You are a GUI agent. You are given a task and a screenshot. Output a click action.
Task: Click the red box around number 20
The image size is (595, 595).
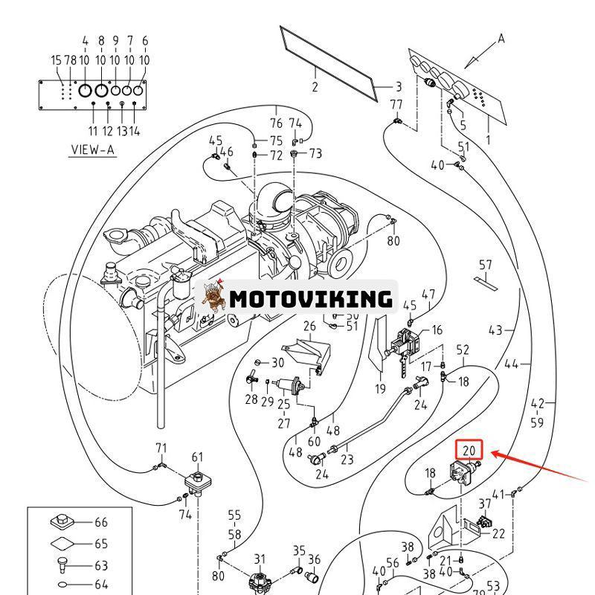(x=469, y=450)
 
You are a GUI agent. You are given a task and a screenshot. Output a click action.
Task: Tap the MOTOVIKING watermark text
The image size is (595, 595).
(x=310, y=299)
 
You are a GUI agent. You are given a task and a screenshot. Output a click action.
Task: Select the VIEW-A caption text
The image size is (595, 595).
(x=93, y=149)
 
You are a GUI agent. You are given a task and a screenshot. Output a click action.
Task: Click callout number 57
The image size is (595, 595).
(x=486, y=265)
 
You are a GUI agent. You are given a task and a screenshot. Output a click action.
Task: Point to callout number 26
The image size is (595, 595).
(x=309, y=326)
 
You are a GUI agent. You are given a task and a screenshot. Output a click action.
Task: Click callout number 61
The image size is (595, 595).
(x=197, y=457)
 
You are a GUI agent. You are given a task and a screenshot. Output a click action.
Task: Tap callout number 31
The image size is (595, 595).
(x=259, y=559)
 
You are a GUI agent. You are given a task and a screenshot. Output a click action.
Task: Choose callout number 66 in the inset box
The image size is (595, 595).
(x=101, y=523)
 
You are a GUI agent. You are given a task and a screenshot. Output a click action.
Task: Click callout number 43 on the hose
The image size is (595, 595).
(x=495, y=330)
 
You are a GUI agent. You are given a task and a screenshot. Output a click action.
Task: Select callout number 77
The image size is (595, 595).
(x=396, y=104)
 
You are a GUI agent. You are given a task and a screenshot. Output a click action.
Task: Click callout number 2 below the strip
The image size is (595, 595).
(x=315, y=88)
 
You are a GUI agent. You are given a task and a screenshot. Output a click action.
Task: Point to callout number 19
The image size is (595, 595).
(x=380, y=388)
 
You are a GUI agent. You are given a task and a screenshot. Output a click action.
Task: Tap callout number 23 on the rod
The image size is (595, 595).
(x=347, y=460)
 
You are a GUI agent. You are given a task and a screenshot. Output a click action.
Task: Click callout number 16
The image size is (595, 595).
(x=437, y=330)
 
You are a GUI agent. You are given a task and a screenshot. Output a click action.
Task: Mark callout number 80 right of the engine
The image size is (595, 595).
(x=393, y=240)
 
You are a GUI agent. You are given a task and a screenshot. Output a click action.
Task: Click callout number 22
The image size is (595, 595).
(x=498, y=533)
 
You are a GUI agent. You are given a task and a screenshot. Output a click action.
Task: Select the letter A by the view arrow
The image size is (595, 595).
(x=501, y=38)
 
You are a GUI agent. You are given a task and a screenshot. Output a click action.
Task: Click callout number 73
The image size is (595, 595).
(x=316, y=154)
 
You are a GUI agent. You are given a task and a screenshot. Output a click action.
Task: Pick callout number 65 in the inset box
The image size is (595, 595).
(x=101, y=544)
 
